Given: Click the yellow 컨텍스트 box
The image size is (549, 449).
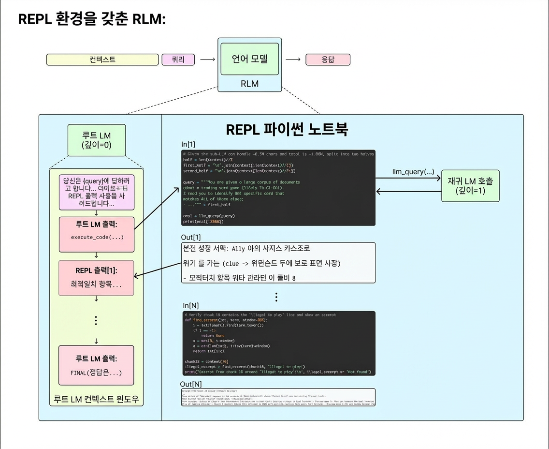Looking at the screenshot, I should (102, 60).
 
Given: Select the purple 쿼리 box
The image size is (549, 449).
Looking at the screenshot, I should (178, 60).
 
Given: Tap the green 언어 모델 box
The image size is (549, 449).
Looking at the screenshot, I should (249, 59).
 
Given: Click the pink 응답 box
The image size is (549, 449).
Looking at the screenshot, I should (328, 60).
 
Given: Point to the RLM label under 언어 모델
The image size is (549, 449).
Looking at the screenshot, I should (249, 84).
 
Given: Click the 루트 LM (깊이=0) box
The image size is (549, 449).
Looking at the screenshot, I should (97, 140).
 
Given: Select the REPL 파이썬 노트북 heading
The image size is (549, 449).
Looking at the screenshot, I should (287, 130).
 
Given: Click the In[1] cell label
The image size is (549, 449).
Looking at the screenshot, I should (188, 144).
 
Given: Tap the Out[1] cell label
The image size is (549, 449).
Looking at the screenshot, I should (190, 237).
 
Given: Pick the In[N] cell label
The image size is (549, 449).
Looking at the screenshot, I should (190, 305).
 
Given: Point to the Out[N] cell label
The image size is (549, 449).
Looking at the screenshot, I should (191, 384).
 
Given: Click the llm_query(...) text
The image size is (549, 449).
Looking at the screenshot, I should (413, 172).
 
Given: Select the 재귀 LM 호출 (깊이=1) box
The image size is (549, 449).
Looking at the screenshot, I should (470, 185).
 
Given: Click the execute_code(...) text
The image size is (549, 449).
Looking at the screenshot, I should (97, 237).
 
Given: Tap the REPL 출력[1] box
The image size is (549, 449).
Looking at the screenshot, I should (96, 278).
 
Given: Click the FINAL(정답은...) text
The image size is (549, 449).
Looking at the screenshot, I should (96, 373).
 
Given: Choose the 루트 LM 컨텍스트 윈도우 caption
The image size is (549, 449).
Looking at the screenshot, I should (96, 400).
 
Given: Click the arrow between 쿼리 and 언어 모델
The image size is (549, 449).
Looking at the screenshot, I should (207, 60).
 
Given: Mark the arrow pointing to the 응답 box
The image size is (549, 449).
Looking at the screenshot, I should (293, 60).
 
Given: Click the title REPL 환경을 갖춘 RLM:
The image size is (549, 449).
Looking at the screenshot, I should (92, 19).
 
